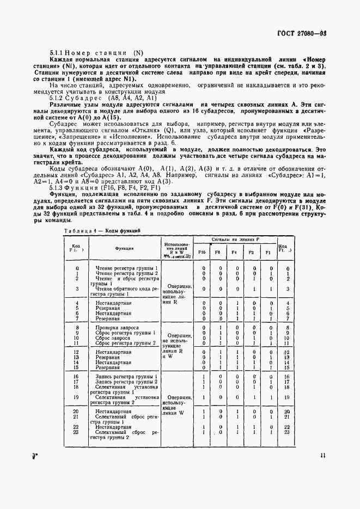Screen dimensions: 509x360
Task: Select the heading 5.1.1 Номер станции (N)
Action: pyautogui.click(x=96, y=53)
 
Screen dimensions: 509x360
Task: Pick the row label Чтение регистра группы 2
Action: pyautogui.click(x=126, y=273)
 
